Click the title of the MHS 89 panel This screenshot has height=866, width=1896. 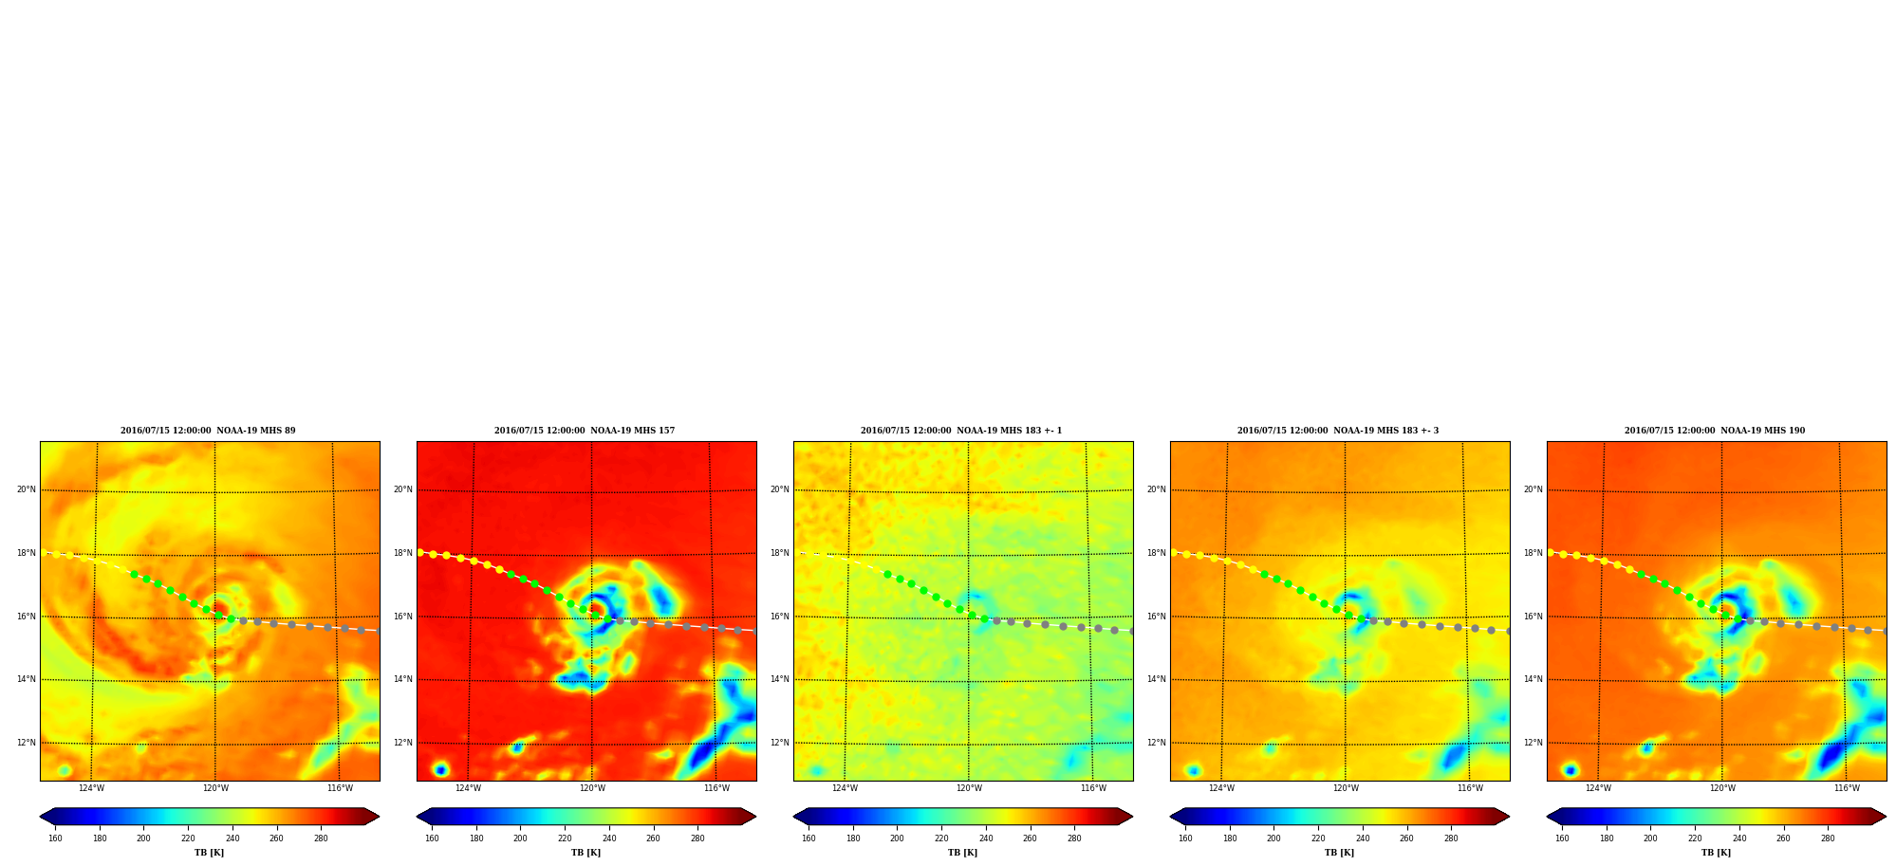point(208,431)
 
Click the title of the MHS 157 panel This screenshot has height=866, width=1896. point(585,431)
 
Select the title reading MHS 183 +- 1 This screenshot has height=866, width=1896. point(961,431)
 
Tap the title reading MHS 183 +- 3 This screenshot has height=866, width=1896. point(1338,431)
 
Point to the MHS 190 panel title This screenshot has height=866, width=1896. point(1715,431)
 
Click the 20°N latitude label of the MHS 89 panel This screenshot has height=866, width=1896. point(27,489)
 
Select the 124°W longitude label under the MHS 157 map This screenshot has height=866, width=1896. point(468,788)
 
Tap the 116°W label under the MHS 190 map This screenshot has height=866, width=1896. point(1847,788)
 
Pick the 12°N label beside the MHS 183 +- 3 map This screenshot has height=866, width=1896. point(1157,743)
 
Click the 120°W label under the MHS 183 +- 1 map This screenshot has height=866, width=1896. point(969,788)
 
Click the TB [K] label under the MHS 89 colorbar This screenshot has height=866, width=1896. point(210,853)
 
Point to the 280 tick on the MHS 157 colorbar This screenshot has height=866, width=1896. point(697,838)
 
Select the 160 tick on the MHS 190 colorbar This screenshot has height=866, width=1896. point(1562,838)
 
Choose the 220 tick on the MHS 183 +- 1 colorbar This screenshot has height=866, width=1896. point(941,838)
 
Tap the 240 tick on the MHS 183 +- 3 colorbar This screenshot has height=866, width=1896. point(1363,838)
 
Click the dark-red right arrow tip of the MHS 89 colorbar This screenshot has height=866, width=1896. point(379,817)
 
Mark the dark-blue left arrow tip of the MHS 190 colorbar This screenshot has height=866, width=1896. point(1548,817)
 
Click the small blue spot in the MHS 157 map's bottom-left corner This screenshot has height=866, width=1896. point(440,769)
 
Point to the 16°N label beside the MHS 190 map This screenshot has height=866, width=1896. point(1534,617)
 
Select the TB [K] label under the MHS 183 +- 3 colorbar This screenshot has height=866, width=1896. point(1340,853)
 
